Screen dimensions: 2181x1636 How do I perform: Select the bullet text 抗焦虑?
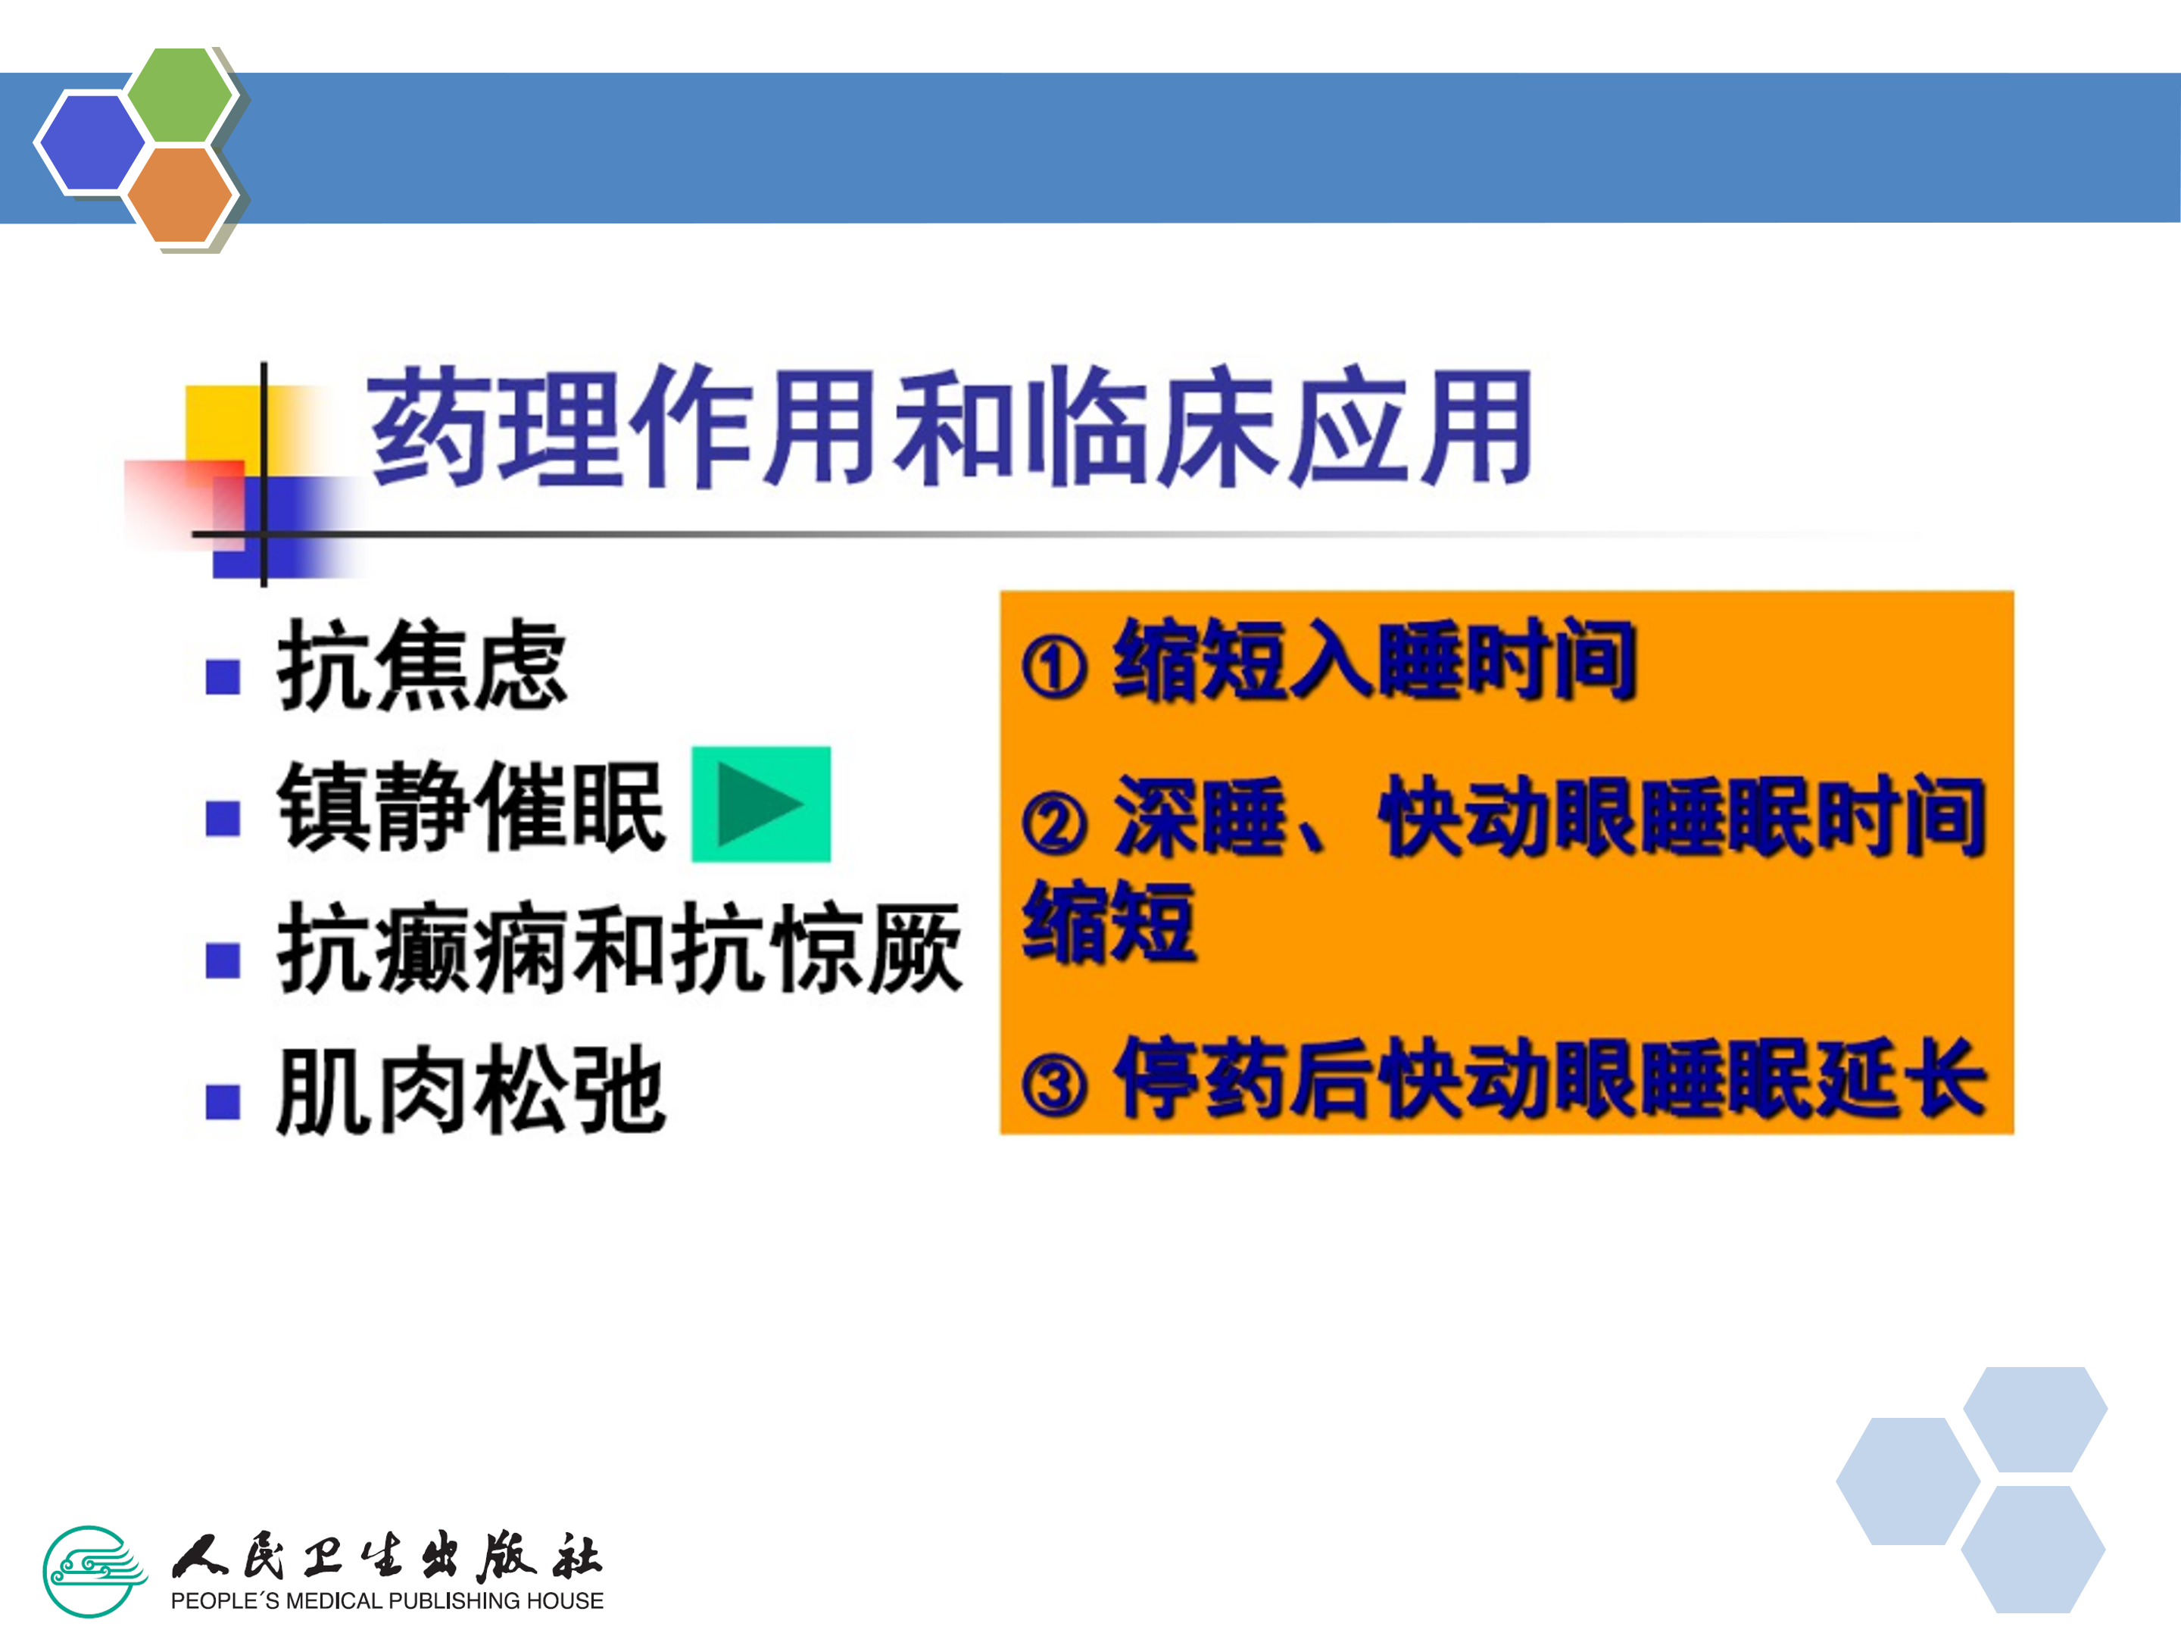coord(422,665)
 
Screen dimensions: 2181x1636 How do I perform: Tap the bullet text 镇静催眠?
coord(471,806)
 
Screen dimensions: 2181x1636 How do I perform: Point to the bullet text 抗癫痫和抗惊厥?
coord(619,948)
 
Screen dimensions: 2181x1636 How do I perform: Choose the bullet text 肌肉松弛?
coord(471,1090)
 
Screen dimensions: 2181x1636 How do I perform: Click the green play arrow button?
coord(760,804)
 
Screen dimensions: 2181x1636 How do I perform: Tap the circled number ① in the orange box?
coord(1054,667)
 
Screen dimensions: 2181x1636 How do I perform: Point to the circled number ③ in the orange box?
coord(1054,1085)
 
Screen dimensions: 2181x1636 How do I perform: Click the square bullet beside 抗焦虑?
coord(223,676)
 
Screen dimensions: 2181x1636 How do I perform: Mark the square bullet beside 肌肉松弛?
coord(223,1101)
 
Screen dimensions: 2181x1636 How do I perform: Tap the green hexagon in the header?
coord(180,95)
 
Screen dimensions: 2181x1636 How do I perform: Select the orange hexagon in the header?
coord(180,194)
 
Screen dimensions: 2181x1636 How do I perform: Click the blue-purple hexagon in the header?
coord(91,142)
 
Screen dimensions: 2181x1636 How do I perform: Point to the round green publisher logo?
coord(95,1571)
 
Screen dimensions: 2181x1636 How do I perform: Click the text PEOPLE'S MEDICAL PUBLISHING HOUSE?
coord(386,1600)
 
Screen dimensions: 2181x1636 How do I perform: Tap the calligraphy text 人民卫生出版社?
coord(386,1556)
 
